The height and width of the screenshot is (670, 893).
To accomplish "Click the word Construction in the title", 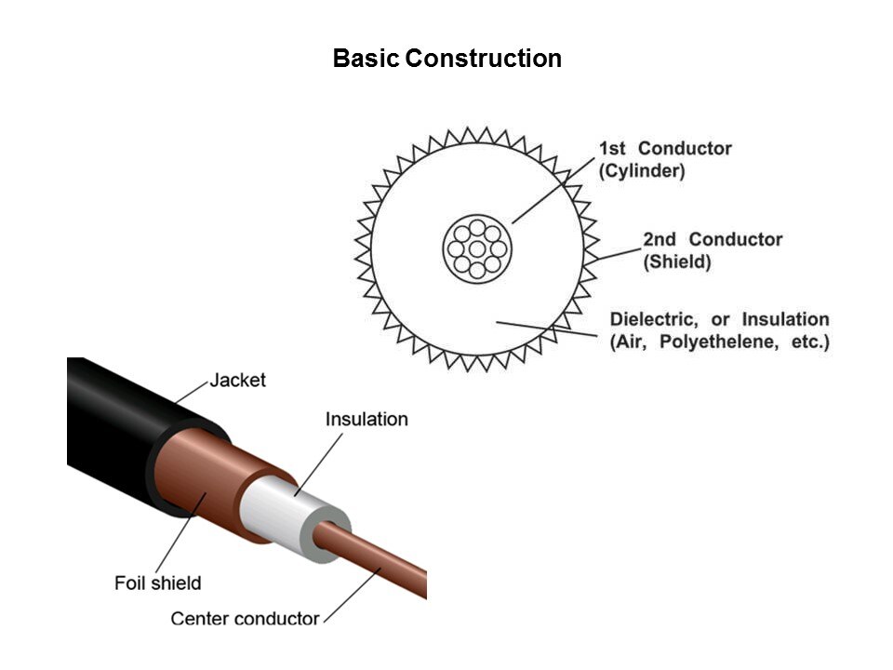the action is tap(484, 58).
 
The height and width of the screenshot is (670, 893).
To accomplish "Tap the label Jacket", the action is tap(237, 380).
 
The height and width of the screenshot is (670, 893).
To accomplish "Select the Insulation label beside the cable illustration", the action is tap(367, 420).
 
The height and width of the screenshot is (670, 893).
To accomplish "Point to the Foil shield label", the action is tap(158, 583).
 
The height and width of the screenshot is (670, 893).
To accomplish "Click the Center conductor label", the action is tap(245, 619).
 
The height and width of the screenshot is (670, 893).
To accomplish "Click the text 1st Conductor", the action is tap(665, 148).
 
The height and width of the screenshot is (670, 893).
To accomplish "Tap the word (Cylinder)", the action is tap(642, 171).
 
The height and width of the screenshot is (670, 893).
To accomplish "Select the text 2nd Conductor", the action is tap(713, 239).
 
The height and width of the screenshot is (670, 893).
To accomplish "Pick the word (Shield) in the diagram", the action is tap(677, 262).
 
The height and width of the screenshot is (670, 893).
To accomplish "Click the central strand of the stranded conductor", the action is tap(477, 249).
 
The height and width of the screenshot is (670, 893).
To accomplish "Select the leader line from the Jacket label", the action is tap(192, 392).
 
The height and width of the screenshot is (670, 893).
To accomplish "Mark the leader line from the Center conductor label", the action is tap(352, 596).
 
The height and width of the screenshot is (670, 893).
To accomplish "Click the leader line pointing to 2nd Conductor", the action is tap(619, 254).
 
